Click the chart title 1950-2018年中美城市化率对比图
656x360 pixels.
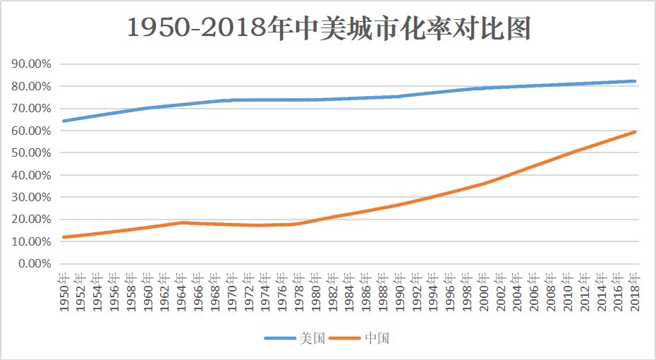[x=329, y=28]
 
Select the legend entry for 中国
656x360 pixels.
[x=362, y=338]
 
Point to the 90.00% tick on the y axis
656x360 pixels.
[x=32, y=64]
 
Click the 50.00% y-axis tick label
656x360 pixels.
[x=32, y=152]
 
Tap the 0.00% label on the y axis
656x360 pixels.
[x=35, y=263]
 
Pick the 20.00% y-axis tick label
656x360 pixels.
[x=32, y=219]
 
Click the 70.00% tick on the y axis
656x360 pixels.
[x=32, y=108]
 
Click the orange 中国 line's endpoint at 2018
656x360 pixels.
[x=635, y=132]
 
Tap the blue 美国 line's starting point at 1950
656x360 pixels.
[x=63, y=121]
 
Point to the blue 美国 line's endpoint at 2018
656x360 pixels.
[x=635, y=81]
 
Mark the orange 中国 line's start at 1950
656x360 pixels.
[x=63, y=237]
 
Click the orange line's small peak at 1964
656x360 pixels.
[x=182, y=222]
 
